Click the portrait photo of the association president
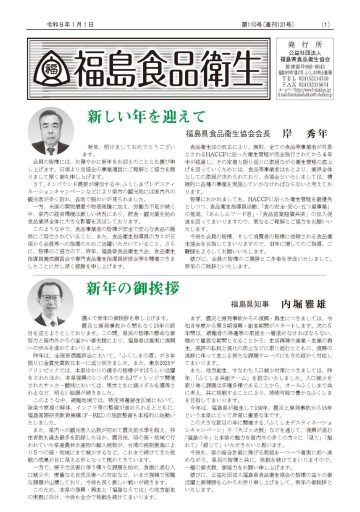click(x=50, y=131)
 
